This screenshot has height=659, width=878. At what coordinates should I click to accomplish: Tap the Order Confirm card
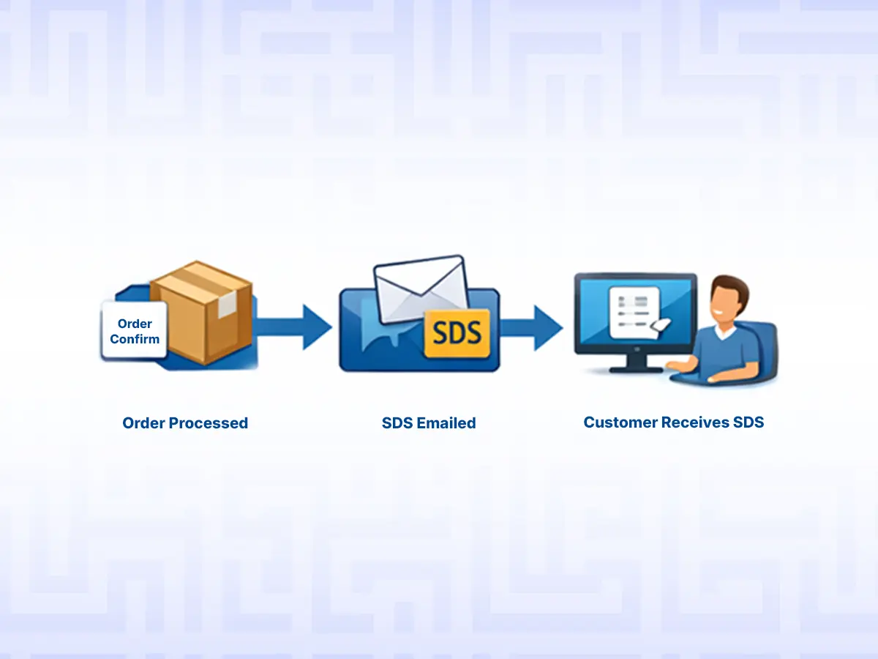135,331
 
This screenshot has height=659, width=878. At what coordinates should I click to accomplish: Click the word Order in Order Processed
143,423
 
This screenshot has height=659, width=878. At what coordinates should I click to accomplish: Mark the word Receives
696,422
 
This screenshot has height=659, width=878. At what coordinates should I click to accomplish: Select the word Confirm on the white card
135,339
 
